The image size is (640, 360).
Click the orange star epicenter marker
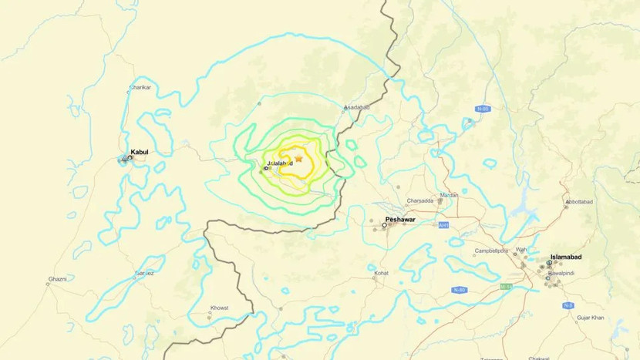tap(298, 158)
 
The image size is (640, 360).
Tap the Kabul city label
tap(140, 152)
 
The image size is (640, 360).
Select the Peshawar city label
tap(399, 220)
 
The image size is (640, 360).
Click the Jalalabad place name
tap(280, 163)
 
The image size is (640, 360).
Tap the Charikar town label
tap(140, 88)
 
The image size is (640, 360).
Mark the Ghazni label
tap(58, 278)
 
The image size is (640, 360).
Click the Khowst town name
tap(219, 308)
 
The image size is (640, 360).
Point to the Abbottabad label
tap(579, 202)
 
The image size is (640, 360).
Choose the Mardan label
tap(449, 195)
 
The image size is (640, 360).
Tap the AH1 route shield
tap(443, 225)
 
